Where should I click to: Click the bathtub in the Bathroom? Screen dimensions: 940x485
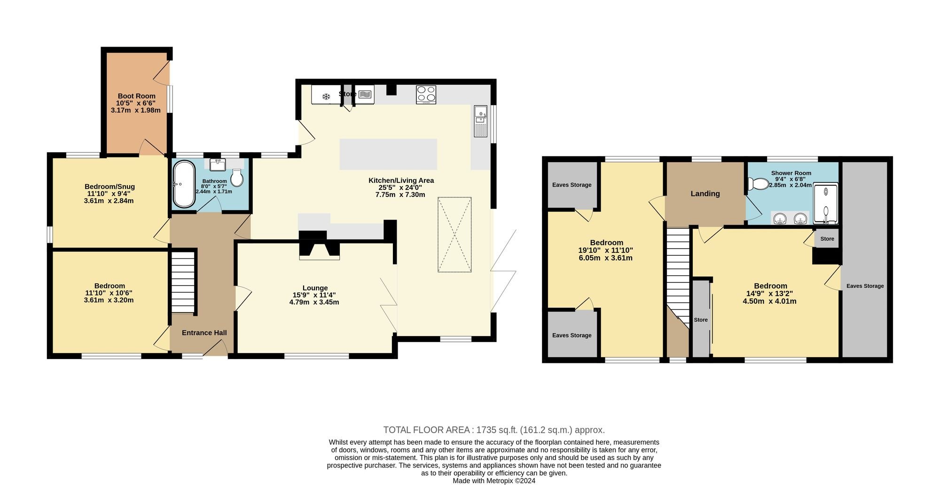click(184, 184)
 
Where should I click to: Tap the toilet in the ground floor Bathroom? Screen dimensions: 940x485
click(236, 178)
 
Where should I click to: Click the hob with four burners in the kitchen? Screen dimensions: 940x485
click(426, 94)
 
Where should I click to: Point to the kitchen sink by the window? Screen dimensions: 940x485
click(480, 121)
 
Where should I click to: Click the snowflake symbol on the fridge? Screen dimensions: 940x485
click(326, 97)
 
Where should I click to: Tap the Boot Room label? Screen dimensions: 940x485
click(136, 96)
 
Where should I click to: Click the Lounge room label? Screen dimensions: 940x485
click(315, 288)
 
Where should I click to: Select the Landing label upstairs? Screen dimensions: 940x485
click(705, 194)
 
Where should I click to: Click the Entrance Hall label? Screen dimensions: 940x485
click(204, 333)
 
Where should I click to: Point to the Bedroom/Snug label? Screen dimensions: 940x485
click(110, 187)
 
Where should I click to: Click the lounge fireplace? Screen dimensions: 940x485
click(320, 245)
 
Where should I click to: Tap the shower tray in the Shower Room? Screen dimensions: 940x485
click(826, 203)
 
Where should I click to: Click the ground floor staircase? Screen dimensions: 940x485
click(182, 282)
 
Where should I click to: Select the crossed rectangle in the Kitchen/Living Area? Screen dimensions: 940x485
click(454, 235)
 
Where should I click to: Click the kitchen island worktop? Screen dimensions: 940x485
click(388, 154)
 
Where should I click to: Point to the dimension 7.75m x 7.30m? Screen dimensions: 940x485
click(400, 195)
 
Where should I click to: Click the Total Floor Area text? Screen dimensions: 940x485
click(494, 430)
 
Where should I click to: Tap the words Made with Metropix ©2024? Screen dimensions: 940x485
click(494, 481)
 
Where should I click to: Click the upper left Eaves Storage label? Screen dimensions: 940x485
click(572, 185)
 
